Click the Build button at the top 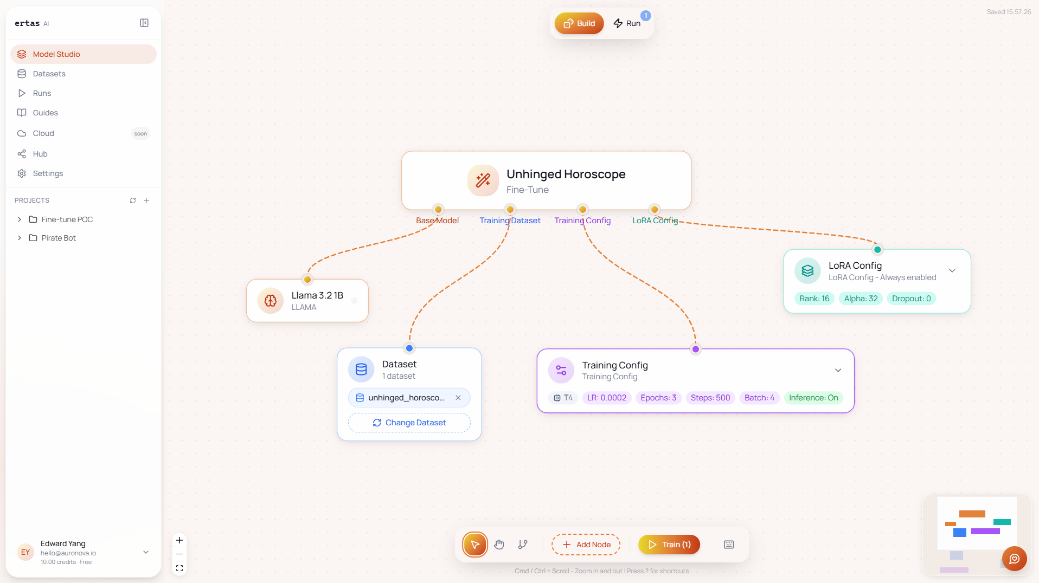click(579, 23)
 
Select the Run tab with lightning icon click(627, 23)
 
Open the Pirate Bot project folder click(59, 238)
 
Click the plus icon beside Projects click(146, 200)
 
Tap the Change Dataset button click(409, 423)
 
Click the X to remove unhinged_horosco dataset click(458, 398)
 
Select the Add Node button click(586, 545)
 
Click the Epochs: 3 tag click(658, 398)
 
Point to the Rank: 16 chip click(814, 299)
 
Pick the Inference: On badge click(813, 398)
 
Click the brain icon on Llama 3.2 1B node click(271, 301)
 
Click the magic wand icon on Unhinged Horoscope click(483, 180)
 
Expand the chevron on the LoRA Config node click(952, 271)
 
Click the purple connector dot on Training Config click(696, 349)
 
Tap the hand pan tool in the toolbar click(499, 545)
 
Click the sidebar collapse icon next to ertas click(144, 23)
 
